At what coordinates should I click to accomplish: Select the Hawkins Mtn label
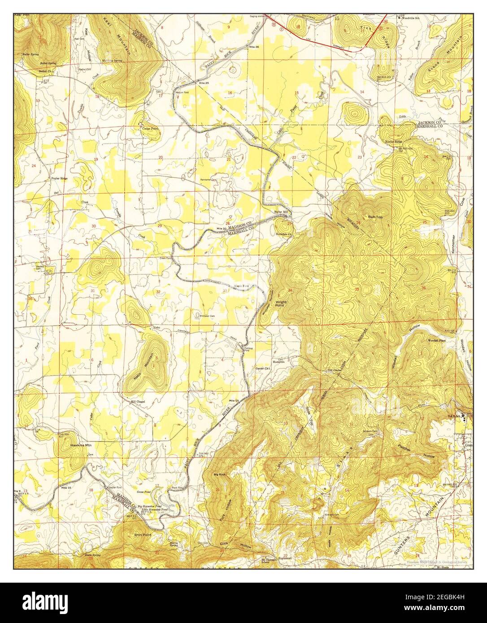81,446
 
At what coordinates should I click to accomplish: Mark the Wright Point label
281,304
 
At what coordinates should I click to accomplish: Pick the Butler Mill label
282,212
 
